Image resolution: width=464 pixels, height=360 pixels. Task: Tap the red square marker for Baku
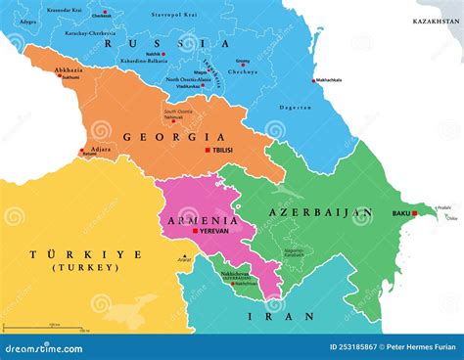(416, 212)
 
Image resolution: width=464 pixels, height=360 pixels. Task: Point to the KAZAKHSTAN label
(436, 20)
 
